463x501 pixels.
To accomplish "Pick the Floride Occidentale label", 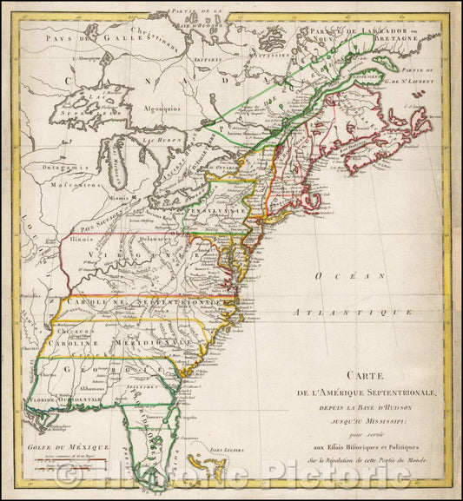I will click(69, 404).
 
